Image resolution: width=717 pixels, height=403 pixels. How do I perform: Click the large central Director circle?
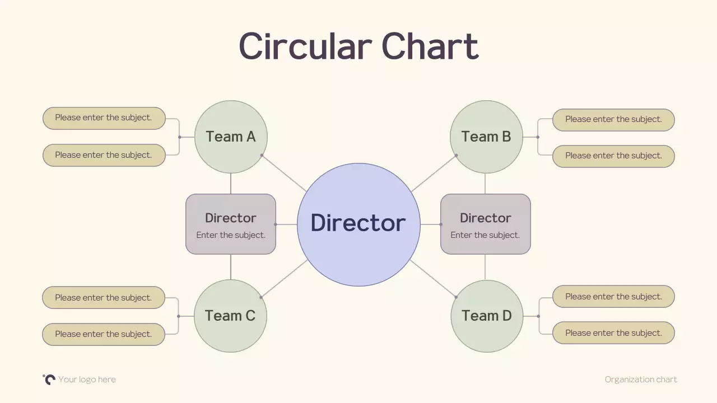[358, 224]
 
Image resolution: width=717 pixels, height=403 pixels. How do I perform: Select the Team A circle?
[231, 137]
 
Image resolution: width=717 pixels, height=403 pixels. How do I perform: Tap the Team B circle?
[486, 137]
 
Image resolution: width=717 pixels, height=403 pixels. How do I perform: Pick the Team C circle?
[230, 316]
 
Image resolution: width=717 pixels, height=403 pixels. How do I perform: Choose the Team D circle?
[487, 316]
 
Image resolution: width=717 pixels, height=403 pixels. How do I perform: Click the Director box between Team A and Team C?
[231, 224]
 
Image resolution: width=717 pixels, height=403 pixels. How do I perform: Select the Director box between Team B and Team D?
[485, 224]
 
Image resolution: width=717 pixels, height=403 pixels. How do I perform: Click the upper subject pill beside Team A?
[104, 118]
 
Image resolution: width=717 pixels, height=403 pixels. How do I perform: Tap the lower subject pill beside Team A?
[104, 155]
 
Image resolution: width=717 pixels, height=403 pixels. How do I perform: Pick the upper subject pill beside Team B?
[613, 120]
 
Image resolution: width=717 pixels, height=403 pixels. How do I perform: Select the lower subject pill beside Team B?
[613, 156]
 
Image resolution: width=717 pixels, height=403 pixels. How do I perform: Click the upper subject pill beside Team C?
[104, 297]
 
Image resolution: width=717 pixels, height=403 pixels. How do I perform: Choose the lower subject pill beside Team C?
[104, 334]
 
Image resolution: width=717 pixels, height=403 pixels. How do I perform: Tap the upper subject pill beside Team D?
[613, 296]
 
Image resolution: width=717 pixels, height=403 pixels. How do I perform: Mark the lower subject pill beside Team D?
[613, 332]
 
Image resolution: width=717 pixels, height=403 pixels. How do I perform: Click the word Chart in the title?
[430, 46]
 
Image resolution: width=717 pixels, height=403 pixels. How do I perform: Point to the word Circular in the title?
[305, 46]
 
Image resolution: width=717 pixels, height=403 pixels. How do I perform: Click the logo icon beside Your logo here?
[49, 379]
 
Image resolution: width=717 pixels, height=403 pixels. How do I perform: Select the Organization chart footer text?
[641, 379]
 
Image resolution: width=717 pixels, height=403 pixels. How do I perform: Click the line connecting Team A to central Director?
[284, 173]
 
